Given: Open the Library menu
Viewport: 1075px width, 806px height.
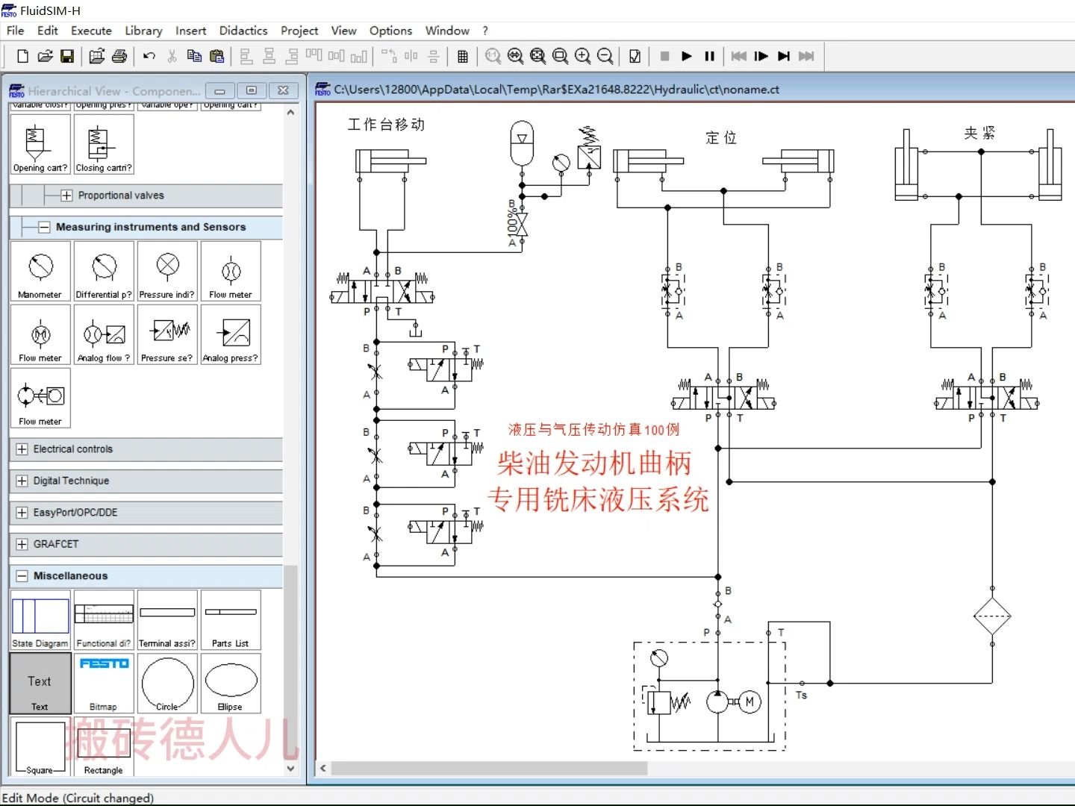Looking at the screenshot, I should point(143,31).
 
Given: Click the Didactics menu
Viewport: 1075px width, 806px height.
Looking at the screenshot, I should point(243,31).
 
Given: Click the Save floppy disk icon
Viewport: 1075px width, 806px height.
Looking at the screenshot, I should point(67,56).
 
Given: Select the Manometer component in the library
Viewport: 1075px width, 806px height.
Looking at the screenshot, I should point(40,271).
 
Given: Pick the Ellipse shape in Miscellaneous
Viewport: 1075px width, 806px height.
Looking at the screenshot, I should point(231,683).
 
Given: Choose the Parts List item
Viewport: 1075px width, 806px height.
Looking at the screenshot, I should point(231,619).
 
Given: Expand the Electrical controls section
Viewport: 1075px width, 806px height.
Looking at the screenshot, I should point(22,449).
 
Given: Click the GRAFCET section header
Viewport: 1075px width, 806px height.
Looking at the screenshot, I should point(56,544).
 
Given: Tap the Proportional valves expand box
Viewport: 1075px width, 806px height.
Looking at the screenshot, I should point(66,196).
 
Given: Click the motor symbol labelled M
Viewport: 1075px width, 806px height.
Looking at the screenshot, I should point(750,702).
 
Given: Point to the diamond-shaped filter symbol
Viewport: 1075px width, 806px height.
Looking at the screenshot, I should point(992,617).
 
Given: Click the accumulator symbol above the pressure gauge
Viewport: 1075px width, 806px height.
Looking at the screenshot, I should point(522,143).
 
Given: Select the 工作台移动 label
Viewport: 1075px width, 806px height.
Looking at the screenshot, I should point(386,125).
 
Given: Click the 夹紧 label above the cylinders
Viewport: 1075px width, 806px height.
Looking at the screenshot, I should point(979,133).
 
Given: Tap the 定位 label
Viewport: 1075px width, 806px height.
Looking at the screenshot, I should point(721,138).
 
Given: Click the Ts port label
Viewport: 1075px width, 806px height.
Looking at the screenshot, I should point(801,695).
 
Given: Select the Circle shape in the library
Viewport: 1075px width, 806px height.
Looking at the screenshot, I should point(167,683).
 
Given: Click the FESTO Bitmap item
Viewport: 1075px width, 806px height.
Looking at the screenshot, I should point(104,683).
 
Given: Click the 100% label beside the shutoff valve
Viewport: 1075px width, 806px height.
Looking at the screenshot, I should point(511,222).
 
